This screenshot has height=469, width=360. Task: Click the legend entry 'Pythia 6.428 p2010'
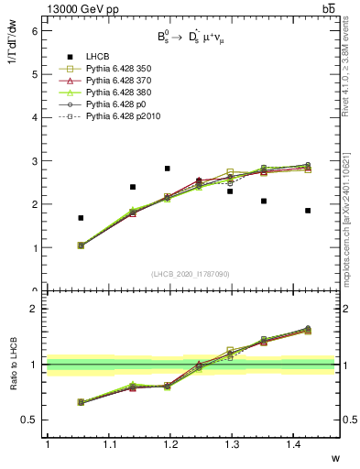click(x=115, y=117)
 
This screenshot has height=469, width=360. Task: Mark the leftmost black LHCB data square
click(x=81, y=218)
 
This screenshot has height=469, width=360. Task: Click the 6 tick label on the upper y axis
click(x=35, y=30)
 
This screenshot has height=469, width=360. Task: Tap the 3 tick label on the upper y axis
click(x=35, y=161)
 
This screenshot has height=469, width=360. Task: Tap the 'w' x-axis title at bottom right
click(x=335, y=458)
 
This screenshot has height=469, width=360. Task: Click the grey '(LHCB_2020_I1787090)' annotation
click(x=191, y=275)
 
